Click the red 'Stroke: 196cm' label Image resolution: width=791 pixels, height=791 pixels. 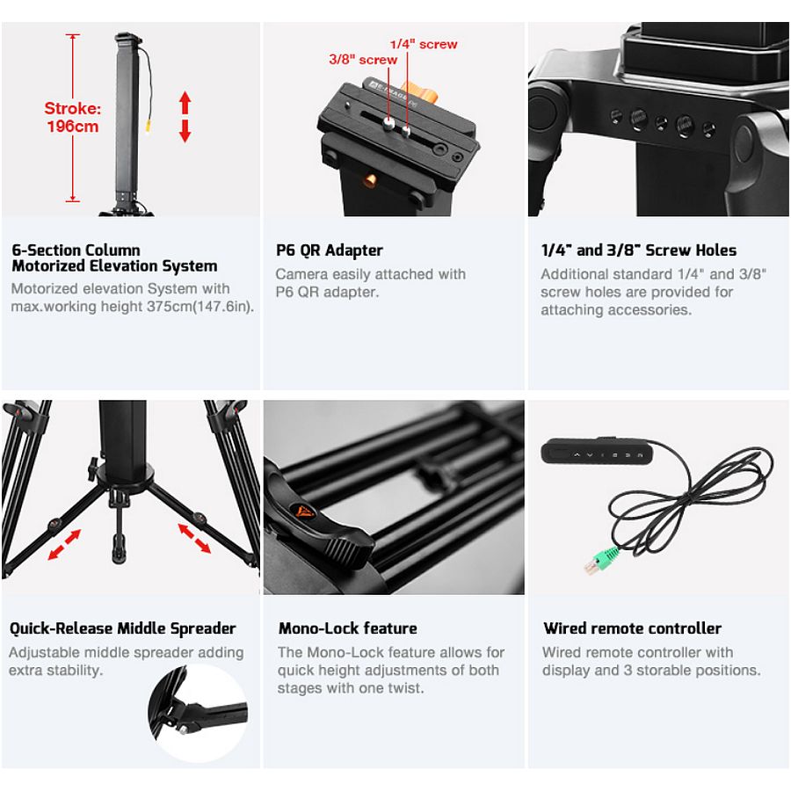point(73,117)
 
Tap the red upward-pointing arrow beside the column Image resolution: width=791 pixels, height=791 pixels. point(185,103)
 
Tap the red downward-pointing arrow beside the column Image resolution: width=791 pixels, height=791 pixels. point(185,131)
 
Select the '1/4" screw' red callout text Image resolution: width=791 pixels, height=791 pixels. point(424,45)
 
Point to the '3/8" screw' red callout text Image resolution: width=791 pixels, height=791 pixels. point(363,60)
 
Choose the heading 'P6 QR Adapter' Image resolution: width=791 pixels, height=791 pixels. point(330,250)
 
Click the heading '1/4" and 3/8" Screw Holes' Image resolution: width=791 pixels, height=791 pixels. point(639,250)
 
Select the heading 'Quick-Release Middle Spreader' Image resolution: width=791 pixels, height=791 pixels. point(122,628)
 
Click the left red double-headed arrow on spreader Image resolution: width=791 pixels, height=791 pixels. point(64,545)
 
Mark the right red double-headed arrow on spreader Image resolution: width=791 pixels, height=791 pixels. point(194,538)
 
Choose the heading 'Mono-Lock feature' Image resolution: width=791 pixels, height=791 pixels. point(347,628)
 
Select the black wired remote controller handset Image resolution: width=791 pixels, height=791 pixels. point(597,451)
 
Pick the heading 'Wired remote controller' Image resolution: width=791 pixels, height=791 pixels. point(633,628)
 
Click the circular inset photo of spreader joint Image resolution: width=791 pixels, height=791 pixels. point(199,711)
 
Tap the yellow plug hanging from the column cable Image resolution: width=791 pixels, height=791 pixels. point(149,126)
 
